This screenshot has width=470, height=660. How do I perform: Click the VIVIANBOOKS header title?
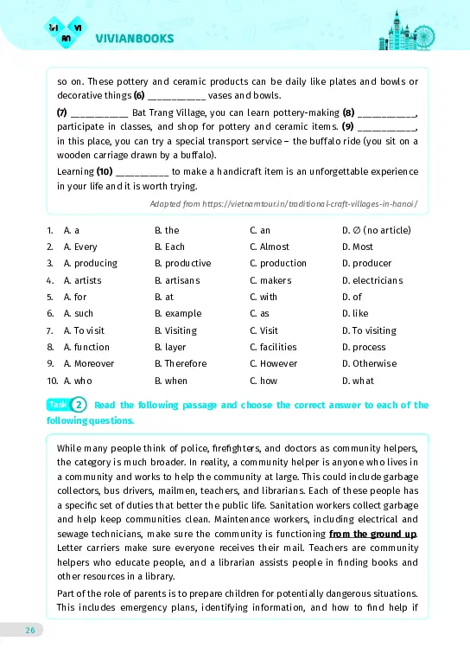(135, 38)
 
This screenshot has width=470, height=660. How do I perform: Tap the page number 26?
(29, 630)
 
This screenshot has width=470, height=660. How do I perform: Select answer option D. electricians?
(372, 280)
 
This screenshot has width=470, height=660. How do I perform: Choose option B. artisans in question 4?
(176, 280)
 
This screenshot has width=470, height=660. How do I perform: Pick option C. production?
(277, 263)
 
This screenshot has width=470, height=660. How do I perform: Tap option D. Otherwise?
(369, 363)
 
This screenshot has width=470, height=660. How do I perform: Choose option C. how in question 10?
(264, 380)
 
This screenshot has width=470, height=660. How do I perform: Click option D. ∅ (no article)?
(376, 230)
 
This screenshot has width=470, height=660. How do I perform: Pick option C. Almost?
(270, 247)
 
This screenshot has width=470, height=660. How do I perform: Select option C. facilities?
(274, 347)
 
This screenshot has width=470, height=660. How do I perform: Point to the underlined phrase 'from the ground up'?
(372, 534)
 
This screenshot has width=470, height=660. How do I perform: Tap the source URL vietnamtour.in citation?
(284, 204)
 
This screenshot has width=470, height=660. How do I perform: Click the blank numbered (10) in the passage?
(141, 172)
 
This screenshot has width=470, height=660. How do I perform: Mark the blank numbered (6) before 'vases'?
(176, 95)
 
